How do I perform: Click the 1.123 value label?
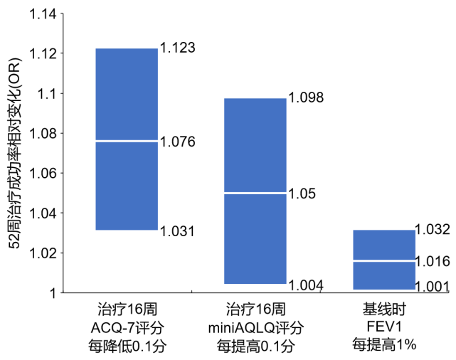177,48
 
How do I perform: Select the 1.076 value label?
177,142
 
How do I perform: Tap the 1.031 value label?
177,231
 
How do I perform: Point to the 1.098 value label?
306,97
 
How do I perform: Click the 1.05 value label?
302,194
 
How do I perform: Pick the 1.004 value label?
306,285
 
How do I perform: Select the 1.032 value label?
433,229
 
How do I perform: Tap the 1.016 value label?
433,261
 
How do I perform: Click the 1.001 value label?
432,287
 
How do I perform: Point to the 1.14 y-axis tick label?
43,14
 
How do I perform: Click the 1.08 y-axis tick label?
43,134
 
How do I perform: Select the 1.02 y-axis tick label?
43,253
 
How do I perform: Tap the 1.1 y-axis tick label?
47,94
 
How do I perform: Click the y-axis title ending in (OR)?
14,153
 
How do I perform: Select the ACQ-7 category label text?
127,328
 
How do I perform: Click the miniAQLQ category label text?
256,328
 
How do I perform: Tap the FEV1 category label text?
384,327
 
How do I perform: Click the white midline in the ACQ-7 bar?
127,141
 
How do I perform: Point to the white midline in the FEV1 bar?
384,261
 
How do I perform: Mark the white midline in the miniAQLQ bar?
255,193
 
